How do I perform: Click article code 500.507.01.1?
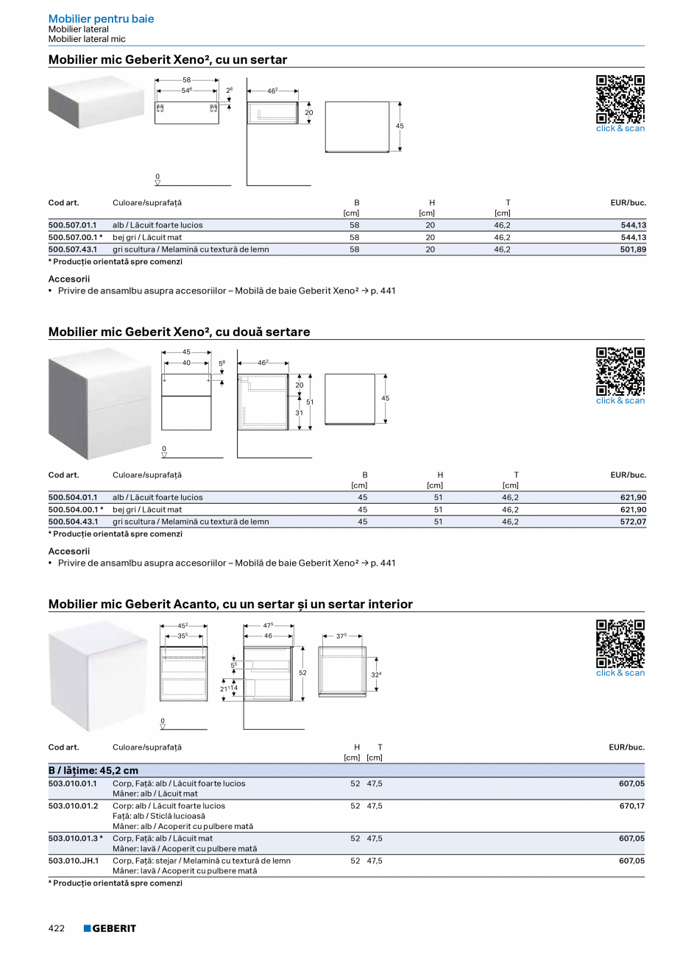[x=72, y=225]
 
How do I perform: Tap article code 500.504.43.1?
[x=72, y=522]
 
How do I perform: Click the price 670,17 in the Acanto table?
[x=631, y=805]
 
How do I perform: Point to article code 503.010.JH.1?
[x=73, y=861]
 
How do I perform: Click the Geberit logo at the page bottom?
[x=110, y=928]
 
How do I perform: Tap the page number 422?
[x=57, y=928]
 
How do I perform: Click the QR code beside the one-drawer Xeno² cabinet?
[x=620, y=99]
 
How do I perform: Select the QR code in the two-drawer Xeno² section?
[x=620, y=371]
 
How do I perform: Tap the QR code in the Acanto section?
[x=620, y=643]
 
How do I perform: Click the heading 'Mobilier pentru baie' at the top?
[x=101, y=18]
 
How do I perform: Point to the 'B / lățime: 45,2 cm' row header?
[x=93, y=770]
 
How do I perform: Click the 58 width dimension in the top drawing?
[x=186, y=79]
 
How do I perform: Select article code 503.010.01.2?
[x=73, y=805]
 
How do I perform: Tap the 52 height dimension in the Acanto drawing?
[x=302, y=672]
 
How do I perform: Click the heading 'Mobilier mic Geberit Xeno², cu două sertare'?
[x=179, y=332]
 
